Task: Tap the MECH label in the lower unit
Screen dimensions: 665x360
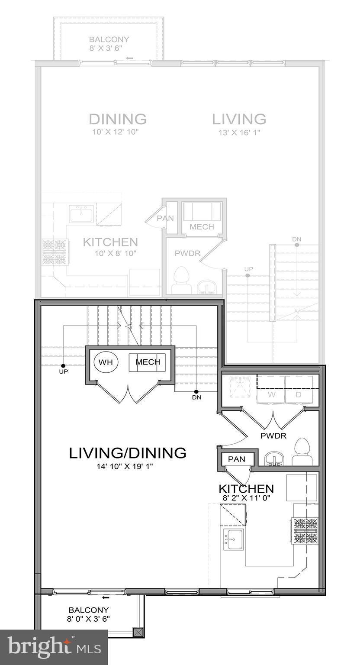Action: click(148, 362)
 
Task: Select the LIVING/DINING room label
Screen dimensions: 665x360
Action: click(128, 453)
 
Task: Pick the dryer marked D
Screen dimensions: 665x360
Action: click(299, 394)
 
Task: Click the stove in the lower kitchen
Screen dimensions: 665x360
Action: click(306, 530)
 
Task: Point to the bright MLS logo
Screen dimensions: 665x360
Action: click(54, 647)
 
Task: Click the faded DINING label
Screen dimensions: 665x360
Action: click(117, 119)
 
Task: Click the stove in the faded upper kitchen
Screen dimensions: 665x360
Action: click(55, 252)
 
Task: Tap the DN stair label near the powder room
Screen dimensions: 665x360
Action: click(196, 397)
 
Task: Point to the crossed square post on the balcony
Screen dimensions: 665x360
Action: click(138, 633)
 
